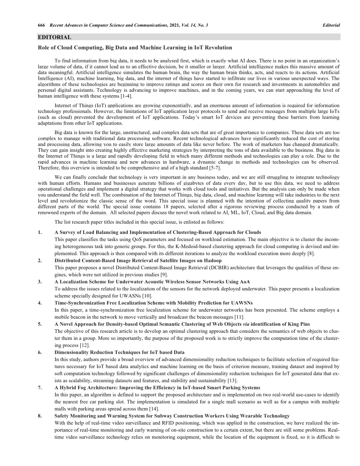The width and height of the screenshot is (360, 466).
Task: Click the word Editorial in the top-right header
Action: click(x=331, y=26)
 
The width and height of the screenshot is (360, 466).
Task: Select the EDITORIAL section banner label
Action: click(x=55, y=37)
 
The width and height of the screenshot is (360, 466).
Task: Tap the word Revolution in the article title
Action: click(x=217, y=47)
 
